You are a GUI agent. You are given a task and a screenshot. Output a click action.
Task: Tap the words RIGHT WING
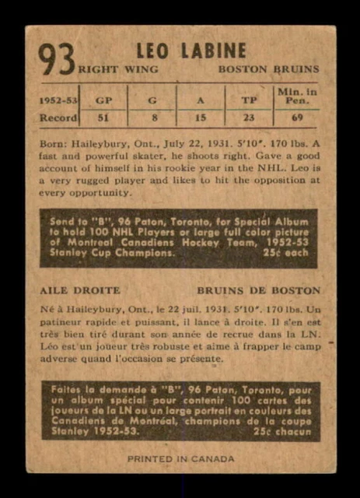click(x=117, y=69)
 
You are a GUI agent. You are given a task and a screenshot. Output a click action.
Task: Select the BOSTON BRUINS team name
click(x=268, y=69)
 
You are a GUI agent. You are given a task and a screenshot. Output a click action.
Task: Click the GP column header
click(x=103, y=100)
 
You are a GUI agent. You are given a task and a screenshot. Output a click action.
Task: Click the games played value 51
click(x=103, y=118)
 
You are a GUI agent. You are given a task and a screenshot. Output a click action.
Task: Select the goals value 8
click(x=152, y=118)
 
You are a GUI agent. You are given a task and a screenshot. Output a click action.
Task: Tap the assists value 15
click(x=201, y=118)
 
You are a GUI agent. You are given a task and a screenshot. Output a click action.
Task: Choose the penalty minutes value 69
click(x=297, y=118)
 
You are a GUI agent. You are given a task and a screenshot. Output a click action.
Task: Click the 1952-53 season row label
click(x=59, y=100)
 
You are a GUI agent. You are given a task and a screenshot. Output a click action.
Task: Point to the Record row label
click(x=59, y=118)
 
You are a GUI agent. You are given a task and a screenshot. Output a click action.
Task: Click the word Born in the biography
click(x=53, y=144)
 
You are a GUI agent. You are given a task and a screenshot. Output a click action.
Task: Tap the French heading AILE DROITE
click(x=75, y=290)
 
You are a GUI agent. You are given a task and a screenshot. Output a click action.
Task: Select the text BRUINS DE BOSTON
click(x=264, y=290)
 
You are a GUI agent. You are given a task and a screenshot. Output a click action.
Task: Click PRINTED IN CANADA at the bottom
click(x=180, y=458)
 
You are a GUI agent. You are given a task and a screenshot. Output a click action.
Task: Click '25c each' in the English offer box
click(x=290, y=254)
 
